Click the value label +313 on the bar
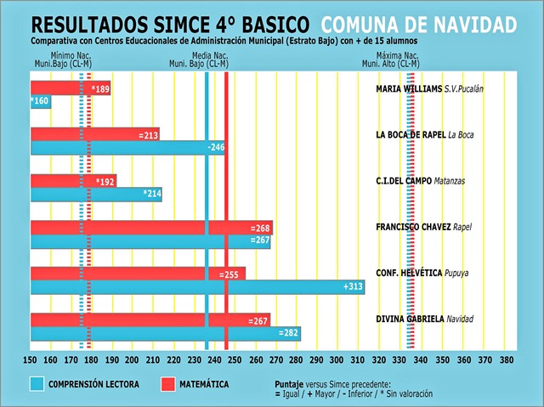[x=353, y=286]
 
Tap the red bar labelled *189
[x=71, y=88]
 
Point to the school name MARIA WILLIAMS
[x=409, y=88]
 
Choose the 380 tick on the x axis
[x=507, y=359]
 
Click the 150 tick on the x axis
[x=31, y=359]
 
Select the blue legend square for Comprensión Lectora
[x=37, y=385]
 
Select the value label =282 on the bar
[x=289, y=333]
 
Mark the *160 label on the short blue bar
[x=40, y=102]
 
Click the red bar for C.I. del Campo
[x=73, y=181]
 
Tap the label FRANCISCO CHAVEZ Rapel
[x=423, y=227]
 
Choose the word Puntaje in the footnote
[x=293, y=384]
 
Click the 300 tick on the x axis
[x=337, y=359]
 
